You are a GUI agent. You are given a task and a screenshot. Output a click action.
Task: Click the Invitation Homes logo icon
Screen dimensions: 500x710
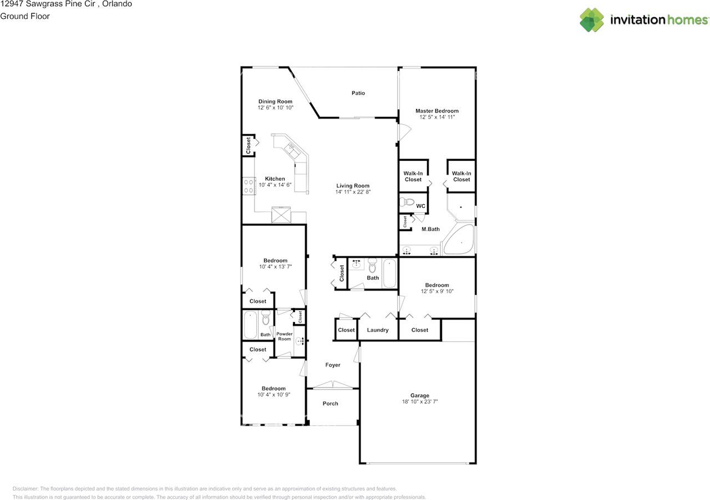pos(592,20)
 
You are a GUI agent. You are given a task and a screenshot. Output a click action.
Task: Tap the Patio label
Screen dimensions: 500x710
pos(358,93)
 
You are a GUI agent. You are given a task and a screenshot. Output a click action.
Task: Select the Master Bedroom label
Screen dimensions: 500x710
pos(437,111)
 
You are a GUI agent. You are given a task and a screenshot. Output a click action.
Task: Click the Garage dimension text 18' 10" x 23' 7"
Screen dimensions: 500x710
pos(420,402)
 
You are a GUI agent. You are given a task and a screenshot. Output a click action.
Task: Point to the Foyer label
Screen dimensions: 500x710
pos(333,365)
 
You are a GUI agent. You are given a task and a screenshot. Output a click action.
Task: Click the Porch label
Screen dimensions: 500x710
pos(331,404)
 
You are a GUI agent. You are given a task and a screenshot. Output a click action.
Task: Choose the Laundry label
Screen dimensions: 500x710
pos(378,330)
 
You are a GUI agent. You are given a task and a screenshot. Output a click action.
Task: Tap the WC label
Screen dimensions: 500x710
pos(420,206)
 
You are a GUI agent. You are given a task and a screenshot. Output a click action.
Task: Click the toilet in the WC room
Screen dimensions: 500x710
pos(407,202)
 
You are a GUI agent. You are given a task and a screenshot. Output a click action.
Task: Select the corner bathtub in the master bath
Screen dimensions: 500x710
pos(460,240)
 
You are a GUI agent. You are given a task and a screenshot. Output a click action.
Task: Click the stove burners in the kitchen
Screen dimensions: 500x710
pos(247,185)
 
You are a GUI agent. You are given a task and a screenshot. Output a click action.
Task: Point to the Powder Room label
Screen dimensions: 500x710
pos(284,336)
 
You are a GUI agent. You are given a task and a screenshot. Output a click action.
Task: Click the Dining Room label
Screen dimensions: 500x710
pos(275,101)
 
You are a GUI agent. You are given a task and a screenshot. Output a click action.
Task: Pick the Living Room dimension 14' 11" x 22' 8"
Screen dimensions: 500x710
pos(353,192)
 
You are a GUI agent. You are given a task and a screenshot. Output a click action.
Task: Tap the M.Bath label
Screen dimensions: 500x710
pos(430,229)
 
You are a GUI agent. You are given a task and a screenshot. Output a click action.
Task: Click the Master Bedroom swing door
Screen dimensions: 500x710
pos(404,132)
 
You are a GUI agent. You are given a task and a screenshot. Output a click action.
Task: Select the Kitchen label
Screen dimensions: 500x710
pos(275,178)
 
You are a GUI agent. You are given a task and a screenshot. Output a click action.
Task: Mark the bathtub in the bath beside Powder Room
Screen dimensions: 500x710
pos(250,325)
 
